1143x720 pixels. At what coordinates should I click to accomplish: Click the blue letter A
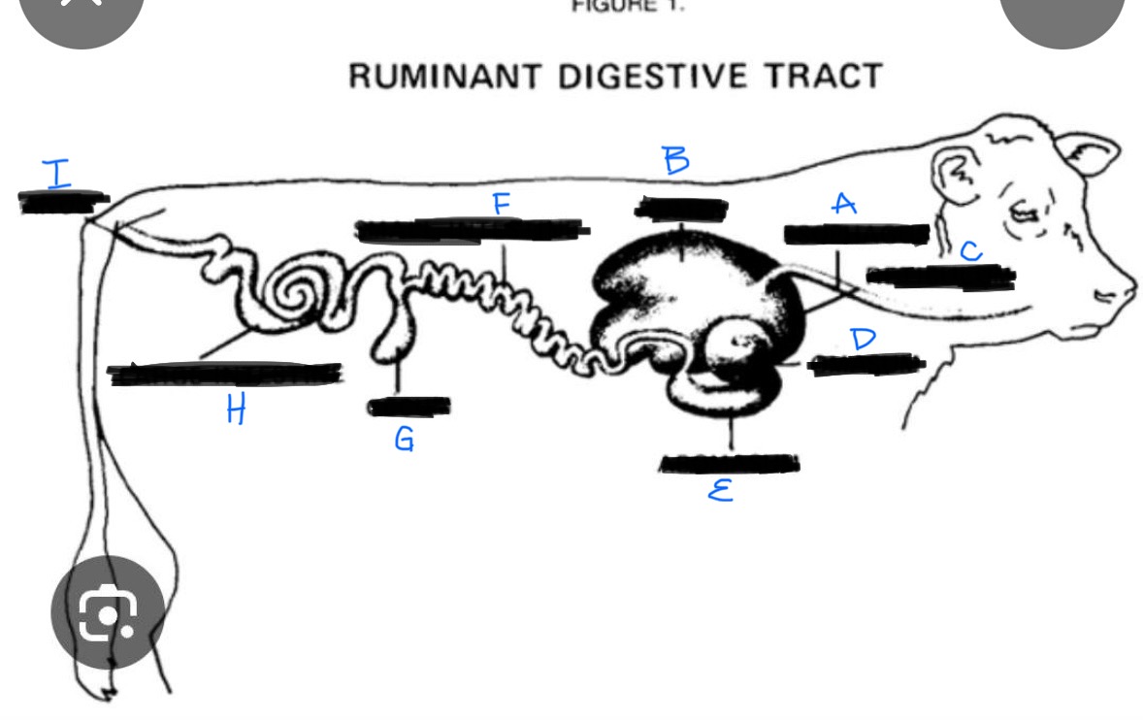pyautogui.click(x=844, y=204)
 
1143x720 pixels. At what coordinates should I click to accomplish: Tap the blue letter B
pyautogui.click(x=676, y=160)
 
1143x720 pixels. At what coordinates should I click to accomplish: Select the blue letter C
pyautogui.click(x=971, y=251)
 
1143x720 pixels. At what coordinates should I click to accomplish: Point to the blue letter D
pyautogui.click(x=862, y=339)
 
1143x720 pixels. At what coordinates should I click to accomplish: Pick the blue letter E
pyautogui.click(x=719, y=493)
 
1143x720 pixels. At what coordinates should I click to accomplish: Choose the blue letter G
pyautogui.click(x=405, y=440)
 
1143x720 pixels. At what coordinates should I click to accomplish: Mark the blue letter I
pyautogui.click(x=58, y=174)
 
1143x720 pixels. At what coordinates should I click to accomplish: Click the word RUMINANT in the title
pyautogui.click(x=446, y=76)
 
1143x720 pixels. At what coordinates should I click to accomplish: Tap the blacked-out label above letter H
pyautogui.click(x=225, y=374)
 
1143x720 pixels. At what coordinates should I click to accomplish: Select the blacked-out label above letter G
pyautogui.click(x=408, y=406)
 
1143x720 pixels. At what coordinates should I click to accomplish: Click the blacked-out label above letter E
pyautogui.click(x=730, y=464)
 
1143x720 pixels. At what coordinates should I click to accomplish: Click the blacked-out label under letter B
pyautogui.click(x=681, y=209)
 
